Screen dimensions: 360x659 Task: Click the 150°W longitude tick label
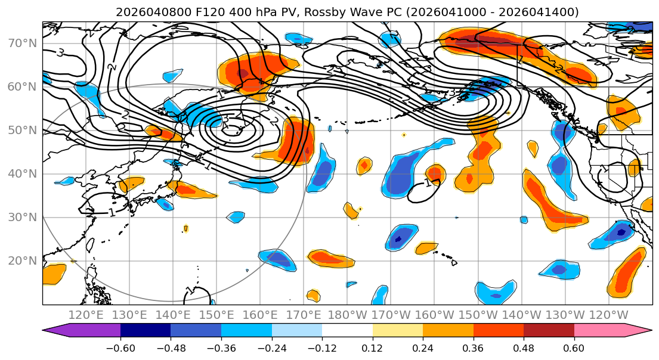tap(479, 315)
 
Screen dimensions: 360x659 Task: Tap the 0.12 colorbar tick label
tap(372, 347)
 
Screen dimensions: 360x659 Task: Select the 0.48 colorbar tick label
tap(524, 347)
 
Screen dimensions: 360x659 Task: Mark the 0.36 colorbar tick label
tap(473, 347)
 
